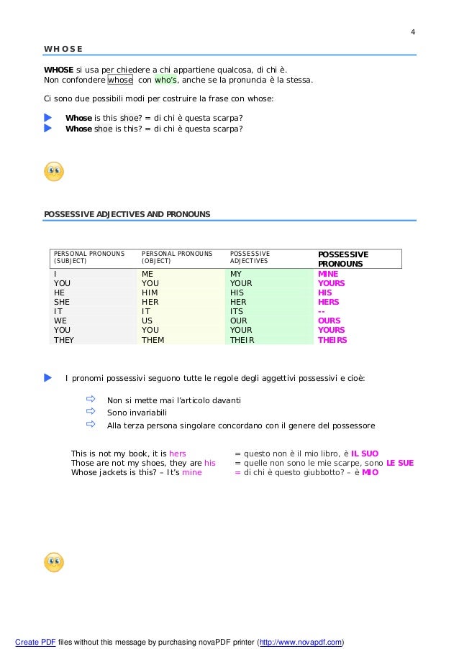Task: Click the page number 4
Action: click(413, 32)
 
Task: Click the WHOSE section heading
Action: click(63, 49)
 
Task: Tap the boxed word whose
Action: click(120, 80)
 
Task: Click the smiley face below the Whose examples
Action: click(54, 172)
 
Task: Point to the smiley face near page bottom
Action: click(54, 562)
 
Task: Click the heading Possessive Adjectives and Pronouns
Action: click(127, 214)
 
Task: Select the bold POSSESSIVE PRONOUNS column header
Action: click(343, 259)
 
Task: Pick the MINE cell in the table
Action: click(328, 274)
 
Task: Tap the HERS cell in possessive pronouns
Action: click(329, 302)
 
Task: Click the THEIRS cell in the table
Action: click(332, 340)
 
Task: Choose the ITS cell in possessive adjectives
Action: click(237, 311)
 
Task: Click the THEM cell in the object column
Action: click(153, 340)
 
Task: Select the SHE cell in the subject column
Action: click(61, 302)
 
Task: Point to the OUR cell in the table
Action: click(239, 321)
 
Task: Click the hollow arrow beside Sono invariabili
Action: click(91, 412)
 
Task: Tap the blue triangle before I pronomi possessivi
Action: click(48, 377)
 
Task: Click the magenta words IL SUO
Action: click(365, 454)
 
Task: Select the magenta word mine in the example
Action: click(192, 472)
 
